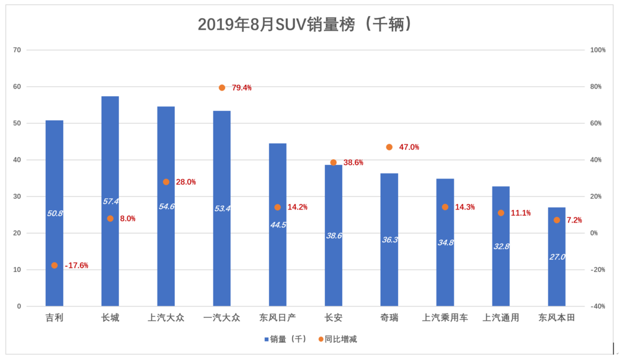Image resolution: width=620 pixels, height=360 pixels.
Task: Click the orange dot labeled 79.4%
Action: (x=222, y=87)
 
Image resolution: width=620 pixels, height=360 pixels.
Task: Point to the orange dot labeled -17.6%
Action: (x=55, y=265)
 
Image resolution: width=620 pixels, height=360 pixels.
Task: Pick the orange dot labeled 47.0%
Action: (x=389, y=147)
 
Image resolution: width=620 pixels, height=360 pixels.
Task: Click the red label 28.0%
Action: (x=185, y=182)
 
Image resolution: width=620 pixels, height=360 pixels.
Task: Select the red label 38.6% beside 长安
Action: (x=353, y=162)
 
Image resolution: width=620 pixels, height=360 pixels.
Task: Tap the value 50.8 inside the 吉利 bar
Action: (x=55, y=213)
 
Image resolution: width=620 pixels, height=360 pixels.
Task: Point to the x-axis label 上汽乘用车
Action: (x=445, y=318)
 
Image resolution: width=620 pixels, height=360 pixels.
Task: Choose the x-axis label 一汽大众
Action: (x=222, y=318)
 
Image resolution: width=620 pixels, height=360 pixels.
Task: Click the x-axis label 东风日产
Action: (x=278, y=318)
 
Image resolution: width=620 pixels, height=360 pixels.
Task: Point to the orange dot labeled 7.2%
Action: (x=557, y=220)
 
